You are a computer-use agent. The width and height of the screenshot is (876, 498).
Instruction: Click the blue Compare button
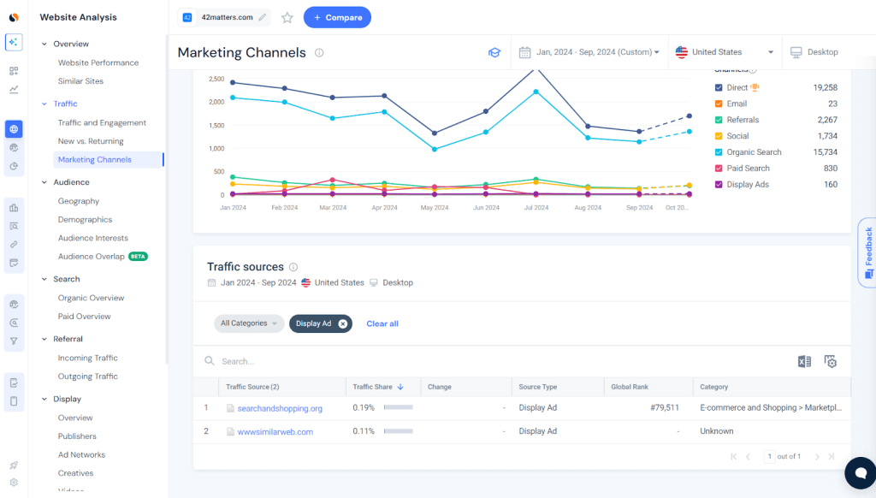337,17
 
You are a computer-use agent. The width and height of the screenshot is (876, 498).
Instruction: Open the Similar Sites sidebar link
80,81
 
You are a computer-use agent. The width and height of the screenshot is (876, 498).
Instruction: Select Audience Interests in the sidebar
92,238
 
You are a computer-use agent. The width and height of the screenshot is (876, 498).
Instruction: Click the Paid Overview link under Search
84,317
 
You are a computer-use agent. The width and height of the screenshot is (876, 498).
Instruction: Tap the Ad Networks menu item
81,454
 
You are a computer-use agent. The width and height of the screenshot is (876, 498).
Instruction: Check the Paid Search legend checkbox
719,169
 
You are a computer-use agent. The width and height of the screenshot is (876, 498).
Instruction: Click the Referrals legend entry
743,120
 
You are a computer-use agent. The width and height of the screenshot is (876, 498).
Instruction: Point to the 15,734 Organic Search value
821,152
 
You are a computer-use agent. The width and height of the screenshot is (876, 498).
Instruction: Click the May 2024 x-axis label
435,208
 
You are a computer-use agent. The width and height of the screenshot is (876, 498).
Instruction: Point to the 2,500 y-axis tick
216,80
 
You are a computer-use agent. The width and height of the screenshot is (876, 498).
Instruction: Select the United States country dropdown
725,52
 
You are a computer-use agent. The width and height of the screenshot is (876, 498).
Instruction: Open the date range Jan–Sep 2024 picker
589,52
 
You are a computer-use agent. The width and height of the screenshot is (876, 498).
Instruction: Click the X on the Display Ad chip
343,323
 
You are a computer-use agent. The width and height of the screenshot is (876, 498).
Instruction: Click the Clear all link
382,323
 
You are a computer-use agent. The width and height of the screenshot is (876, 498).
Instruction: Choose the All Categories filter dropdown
249,323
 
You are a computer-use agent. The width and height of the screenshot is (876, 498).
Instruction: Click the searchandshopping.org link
280,408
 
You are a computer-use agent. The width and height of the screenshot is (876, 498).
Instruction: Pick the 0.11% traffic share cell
364,432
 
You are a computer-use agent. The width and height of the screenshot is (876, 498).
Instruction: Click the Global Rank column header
629,387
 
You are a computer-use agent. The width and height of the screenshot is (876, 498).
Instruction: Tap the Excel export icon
804,362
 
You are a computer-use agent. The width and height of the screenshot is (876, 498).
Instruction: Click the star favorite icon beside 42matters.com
287,17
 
